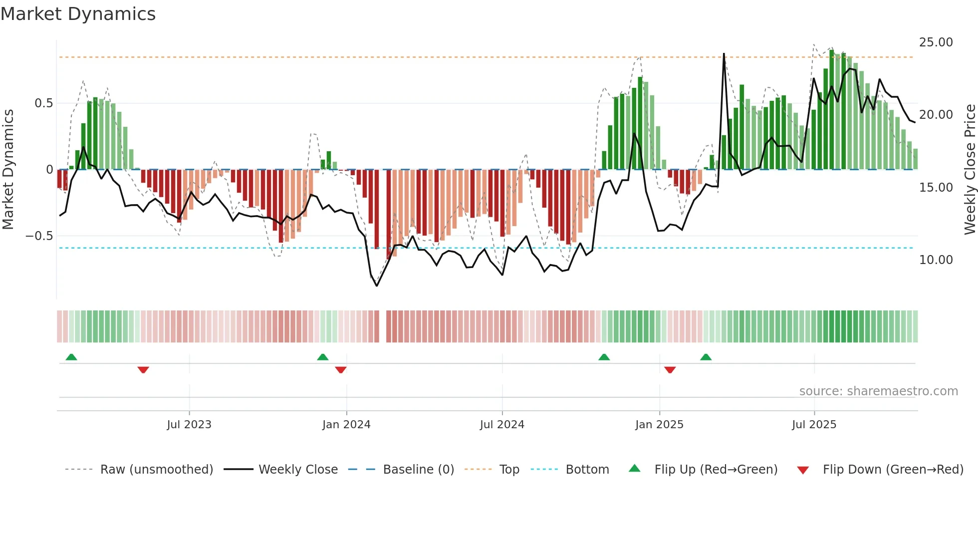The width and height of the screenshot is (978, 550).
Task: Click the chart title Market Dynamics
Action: (78, 14)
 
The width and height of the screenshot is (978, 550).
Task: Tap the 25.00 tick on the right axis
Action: (936, 42)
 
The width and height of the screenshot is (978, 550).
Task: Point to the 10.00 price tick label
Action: (936, 260)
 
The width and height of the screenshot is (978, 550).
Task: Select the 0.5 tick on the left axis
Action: (43, 103)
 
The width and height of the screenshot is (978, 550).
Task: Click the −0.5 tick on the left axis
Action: (39, 236)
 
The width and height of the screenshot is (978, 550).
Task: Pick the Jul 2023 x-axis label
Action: (189, 425)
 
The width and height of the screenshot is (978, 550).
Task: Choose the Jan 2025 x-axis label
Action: (659, 425)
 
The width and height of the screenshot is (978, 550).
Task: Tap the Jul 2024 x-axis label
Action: (502, 425)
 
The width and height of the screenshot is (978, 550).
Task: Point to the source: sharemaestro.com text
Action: (878, 391)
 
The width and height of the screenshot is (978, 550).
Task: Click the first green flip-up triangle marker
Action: (71, 357)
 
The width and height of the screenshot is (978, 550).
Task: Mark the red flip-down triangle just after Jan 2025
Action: (670, 370)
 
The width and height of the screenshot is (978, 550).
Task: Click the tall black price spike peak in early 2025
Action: (724, 54)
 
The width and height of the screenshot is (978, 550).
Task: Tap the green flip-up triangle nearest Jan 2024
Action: (323, 357)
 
